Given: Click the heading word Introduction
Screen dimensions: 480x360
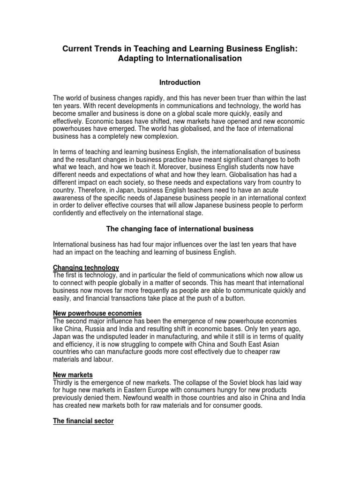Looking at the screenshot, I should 180,82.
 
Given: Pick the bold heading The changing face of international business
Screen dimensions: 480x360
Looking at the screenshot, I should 180,229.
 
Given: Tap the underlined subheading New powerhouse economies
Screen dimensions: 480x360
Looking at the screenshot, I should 97,313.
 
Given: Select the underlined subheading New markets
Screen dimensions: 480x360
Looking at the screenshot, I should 73,375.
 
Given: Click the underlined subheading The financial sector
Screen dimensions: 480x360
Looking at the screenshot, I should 83,421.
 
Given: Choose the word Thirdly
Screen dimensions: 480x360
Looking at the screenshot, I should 64,382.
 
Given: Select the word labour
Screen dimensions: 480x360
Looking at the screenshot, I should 103,359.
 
